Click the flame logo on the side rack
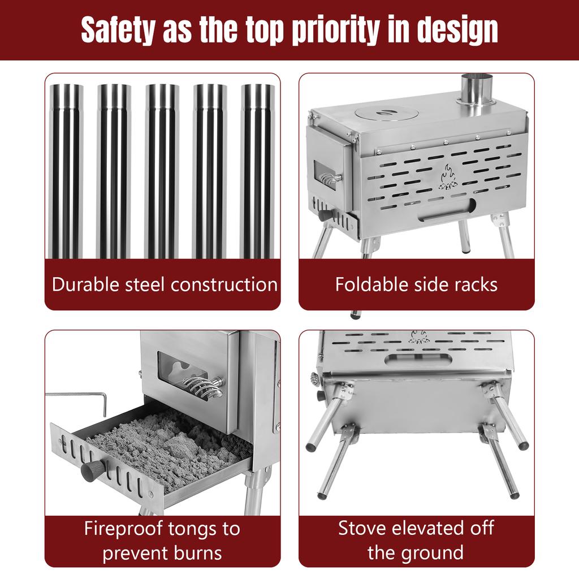(448, 177)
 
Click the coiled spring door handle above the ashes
(203, 387)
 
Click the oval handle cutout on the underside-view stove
(418, 359)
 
